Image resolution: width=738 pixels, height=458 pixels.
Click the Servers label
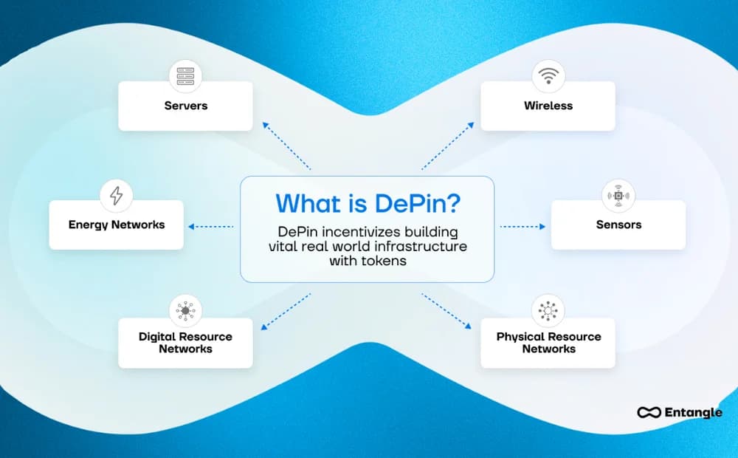(x=185, y=106)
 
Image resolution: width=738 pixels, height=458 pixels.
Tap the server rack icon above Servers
(x=185, y=76)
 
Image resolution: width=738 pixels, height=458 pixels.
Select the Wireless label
(x=548, y=106)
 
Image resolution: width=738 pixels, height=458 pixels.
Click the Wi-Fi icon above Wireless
(x=548, y=76)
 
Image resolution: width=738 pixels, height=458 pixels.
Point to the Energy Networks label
(x=116, y=225)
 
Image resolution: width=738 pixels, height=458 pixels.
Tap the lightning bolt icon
(x=116, y=196)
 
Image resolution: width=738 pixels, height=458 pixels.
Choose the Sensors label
(x=618, y=225)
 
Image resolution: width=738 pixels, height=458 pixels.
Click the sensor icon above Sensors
(x=618, y=196)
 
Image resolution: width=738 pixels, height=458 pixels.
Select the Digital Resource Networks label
(x=185, y=343)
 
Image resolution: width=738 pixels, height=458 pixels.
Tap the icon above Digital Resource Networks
(x=185, y=311)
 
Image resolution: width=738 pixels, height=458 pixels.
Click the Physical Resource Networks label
(x=548, y=343)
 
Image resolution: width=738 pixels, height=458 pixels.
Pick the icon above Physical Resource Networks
(x=548, y=311)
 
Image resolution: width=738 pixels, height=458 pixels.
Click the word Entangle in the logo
(x=692, y=413)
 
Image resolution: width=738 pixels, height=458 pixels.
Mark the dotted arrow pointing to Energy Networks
(x=211, y=227)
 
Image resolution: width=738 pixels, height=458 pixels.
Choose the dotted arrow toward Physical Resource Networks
(x=446, y=310)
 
